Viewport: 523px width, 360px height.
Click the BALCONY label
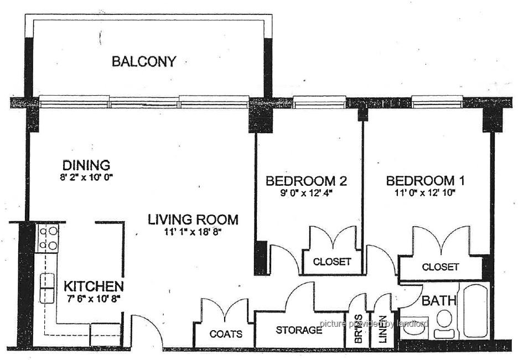point(144,62)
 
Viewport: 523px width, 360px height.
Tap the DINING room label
point(86,165)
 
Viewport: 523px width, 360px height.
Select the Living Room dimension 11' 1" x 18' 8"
point(193,232)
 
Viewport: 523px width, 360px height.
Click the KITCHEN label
point(94,286)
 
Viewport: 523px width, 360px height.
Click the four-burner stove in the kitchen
point(48,238)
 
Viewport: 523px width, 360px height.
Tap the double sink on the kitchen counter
point(47,288)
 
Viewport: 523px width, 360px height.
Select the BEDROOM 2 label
point(306,181)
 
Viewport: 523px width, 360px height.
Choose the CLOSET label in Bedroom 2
point(332,262)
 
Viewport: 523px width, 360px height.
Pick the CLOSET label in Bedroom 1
point(441,267)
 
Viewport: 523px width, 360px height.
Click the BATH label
point(439,301)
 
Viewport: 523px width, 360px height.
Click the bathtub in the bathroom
point(474,311)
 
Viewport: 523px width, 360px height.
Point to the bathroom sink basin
point(413,328)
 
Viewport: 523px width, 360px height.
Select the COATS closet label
point(226,333)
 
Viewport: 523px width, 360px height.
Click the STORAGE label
point(299,330)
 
